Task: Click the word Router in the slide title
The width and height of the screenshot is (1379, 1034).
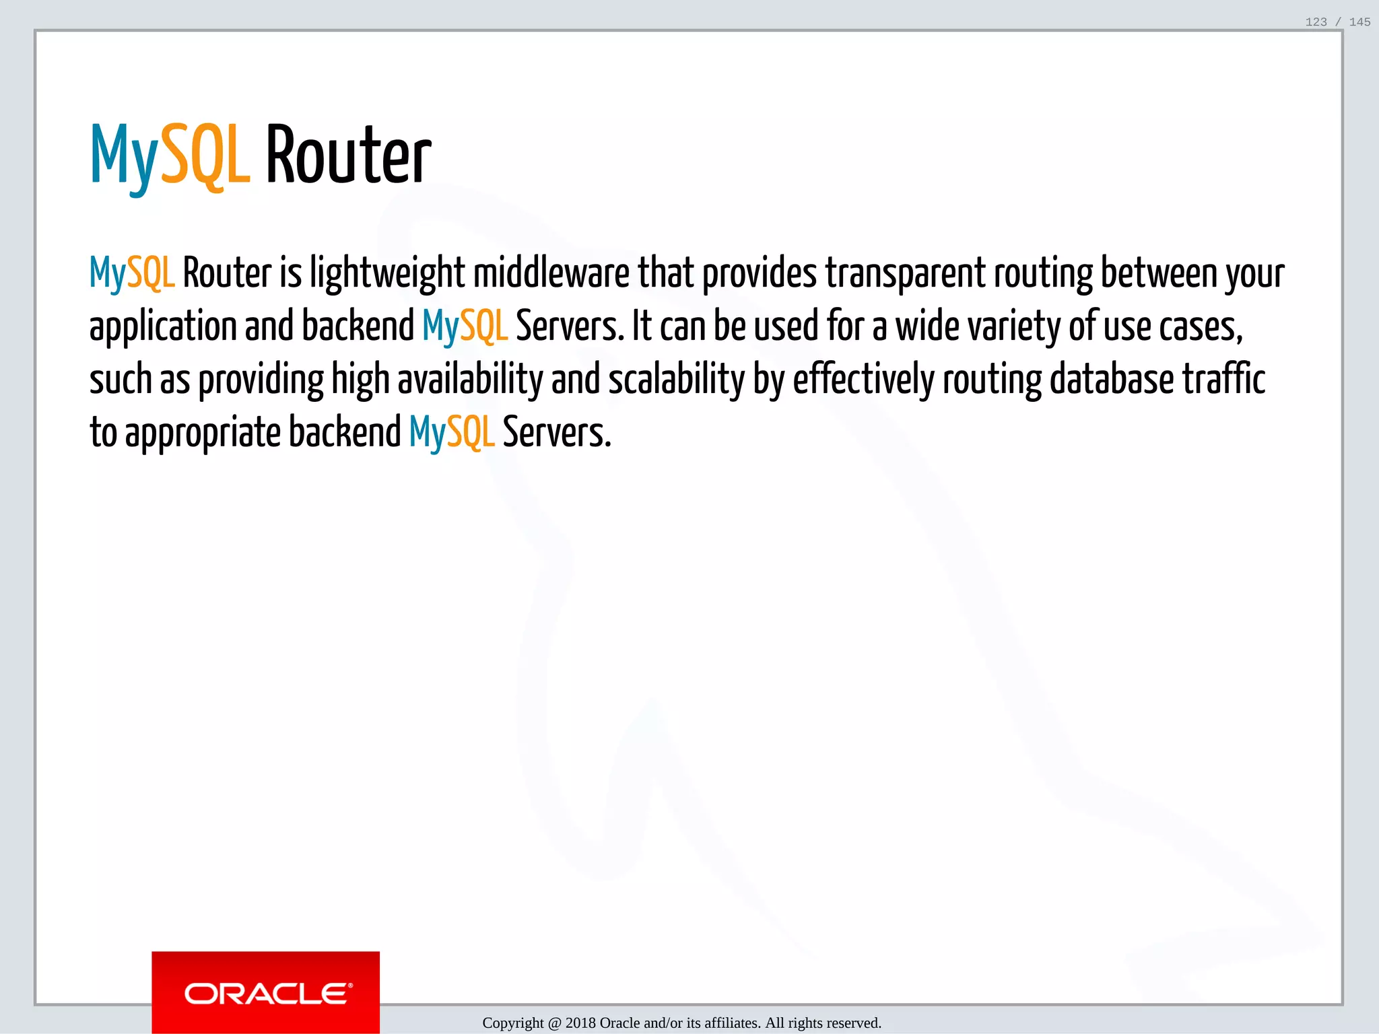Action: tap(348, 156)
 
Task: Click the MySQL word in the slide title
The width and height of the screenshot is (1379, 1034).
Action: tap(170, 156)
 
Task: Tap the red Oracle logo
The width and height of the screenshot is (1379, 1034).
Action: tap(265, 992)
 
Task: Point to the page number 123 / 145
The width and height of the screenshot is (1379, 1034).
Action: tap(1337, 22)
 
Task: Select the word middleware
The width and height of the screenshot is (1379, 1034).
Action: tap(551, 273)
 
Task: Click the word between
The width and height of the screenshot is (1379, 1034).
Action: tap(1159, 273)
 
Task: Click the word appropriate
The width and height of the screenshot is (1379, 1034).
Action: tap(203, 434)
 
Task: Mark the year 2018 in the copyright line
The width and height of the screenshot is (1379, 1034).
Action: tap(580, 1023)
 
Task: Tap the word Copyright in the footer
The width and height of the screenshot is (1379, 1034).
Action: tap(513, 1023)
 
